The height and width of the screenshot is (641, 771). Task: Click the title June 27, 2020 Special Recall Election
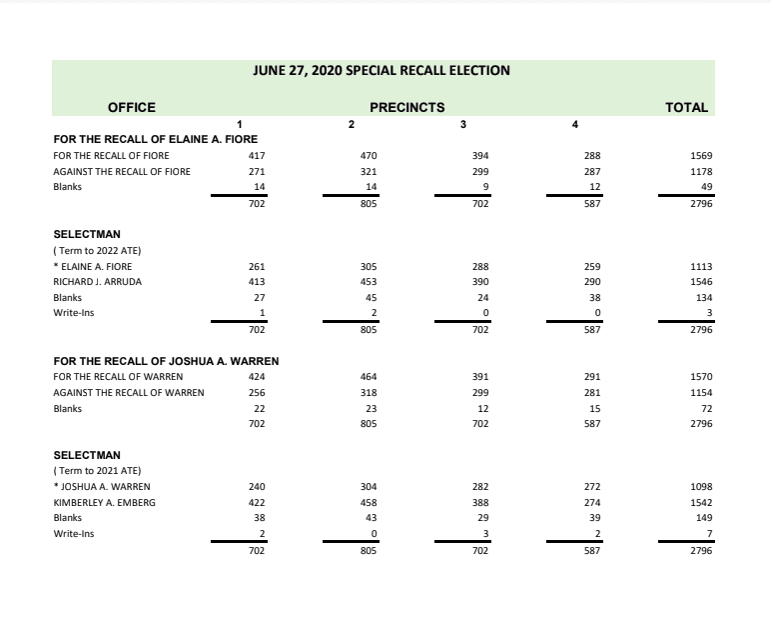[x=383, y=71]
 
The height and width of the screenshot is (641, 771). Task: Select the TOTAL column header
[x=686, y=107]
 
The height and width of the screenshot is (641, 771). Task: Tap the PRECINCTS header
[x=406, y=107]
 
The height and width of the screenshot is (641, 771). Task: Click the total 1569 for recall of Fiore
[x=700, y=155]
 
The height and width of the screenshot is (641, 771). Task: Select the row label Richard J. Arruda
[x=97, y=282]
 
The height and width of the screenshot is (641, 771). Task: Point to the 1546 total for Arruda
[x=700, y=282]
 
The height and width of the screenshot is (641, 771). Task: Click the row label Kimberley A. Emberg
[x=104, y=502]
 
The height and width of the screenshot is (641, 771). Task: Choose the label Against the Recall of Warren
[x=128, y=392]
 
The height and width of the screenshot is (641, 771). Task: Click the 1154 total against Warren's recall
[x=700, y=392]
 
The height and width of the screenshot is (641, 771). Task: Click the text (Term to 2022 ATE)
[x=91, y=250]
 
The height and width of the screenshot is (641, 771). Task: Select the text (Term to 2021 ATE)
[x=91, y=470]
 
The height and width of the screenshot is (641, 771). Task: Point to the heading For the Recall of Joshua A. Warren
[x=165, y=360]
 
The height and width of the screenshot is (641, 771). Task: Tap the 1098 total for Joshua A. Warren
[x=700, y=486]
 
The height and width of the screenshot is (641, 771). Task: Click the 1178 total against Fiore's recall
[x=700, y=171]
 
